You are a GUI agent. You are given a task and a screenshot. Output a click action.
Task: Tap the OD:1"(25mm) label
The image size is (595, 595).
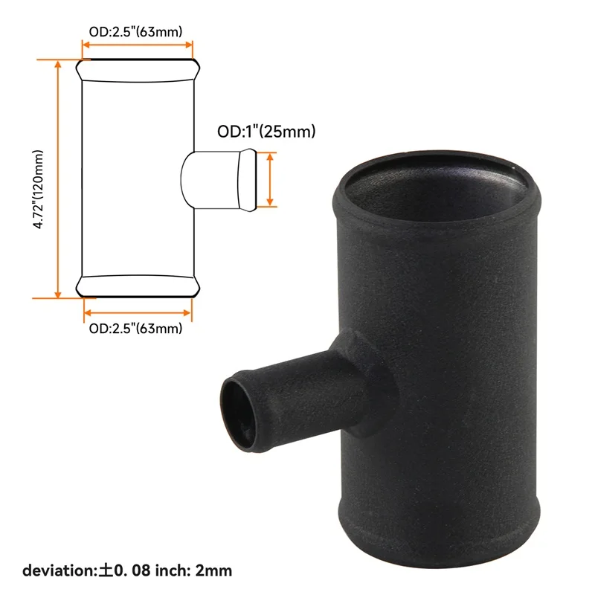(x=267, y=132)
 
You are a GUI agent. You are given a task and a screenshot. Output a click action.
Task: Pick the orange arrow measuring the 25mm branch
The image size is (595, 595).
(x=271, y=179)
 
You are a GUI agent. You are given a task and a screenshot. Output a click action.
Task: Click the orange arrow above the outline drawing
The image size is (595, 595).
(x=138, y=48)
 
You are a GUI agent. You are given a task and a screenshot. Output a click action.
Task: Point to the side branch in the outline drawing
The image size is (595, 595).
(x=220, y=179)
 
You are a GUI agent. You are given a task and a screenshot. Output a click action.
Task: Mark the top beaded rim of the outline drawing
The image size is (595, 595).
(x=138, y=70)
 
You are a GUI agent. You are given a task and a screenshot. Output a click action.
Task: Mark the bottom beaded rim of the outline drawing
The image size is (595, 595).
(x=138, y=286)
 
